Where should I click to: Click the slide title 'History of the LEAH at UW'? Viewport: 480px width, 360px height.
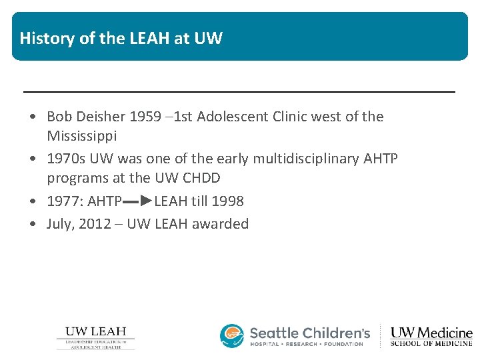click(x=121, y=38)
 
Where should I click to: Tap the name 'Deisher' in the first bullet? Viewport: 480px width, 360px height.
click(x=100, y=117)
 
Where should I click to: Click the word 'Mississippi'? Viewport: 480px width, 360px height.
click(x=81, y=136)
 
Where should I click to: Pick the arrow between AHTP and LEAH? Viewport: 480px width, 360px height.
click(x=138, y=200)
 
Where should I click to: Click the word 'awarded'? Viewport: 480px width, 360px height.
click(x=220, y=223)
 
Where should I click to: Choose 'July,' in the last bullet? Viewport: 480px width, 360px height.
click(x=61, y=223)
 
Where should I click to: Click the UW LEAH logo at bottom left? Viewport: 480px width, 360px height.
click(x=95, y=337)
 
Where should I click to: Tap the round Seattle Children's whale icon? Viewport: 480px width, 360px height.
click(x=232, y=336)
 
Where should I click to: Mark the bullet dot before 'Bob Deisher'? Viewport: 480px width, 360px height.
click(x=33, y=117)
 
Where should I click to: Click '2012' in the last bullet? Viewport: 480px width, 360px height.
click(x=95, y=223)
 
